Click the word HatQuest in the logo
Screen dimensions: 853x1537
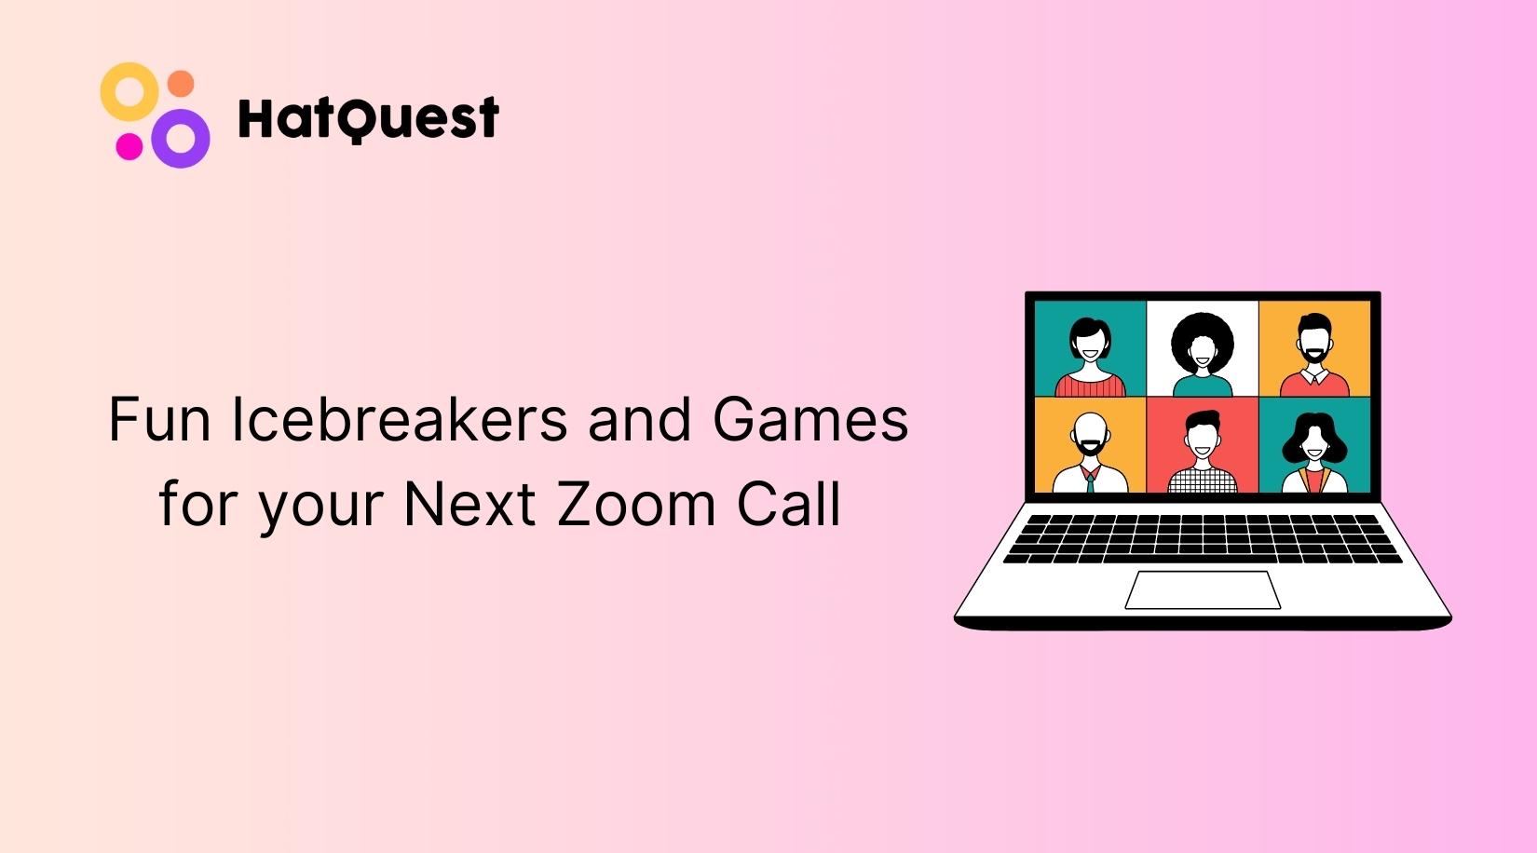368,118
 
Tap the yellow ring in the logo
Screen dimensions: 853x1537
129,90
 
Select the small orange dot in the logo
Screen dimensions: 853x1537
181,84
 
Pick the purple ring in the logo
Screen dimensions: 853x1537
181,139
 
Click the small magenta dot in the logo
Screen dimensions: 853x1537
129,146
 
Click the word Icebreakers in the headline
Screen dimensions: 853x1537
399,419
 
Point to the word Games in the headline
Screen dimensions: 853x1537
809,419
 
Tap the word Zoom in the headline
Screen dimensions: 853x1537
637,504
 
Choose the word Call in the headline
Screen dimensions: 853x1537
789,504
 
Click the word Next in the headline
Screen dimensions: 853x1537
469,504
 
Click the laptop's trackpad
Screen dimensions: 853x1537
1202,589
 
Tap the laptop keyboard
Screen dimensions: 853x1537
1202,538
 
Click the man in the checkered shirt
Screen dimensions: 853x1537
1202,452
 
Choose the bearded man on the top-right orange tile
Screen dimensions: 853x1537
1313,352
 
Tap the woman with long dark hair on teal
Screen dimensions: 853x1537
1313,450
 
